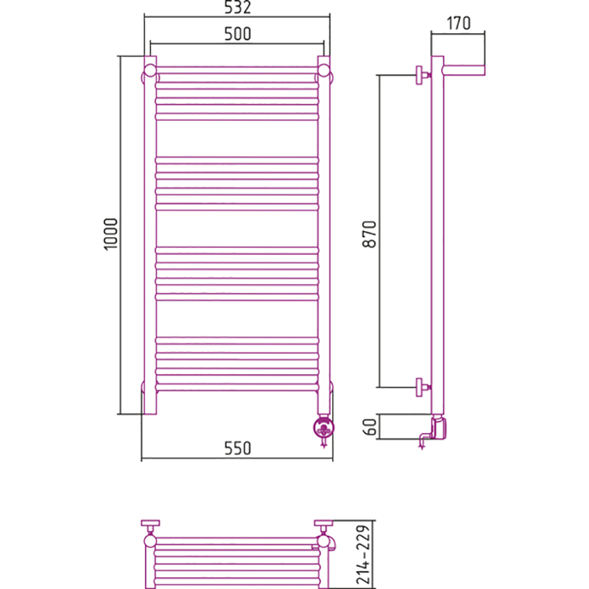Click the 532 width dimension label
pyautogui.click(x=237, y=7)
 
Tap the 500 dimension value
pyautogui.click(x=237, y=34)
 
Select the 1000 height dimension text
pyautogui.click(x=111, y=233)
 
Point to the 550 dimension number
pyautogui.click(x=237, y=448)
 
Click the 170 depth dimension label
pyautogui.click(x=458, y=24)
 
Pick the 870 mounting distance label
pyautogui.click(x=370, y=234)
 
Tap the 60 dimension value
pyautogui.click(x=370, y=427)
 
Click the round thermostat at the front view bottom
pyautogui.click(x=324, y=427)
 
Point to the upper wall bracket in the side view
pyautogui.click(x=423, y=76)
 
